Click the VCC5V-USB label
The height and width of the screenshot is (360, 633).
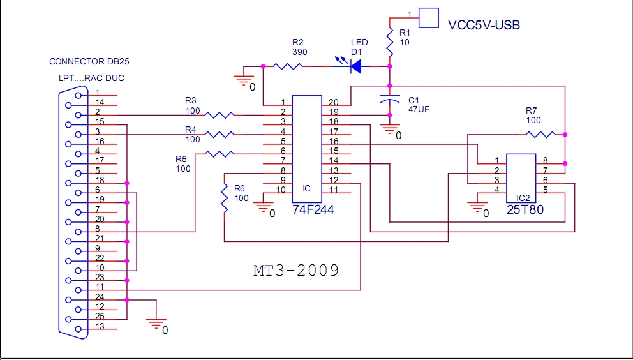point(484,25)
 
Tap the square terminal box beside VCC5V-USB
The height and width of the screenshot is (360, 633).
point(429,17)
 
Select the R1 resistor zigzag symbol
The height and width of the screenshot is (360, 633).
point(389,42)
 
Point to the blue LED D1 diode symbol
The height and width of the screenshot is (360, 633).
point(354,65)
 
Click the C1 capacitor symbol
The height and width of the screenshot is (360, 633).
point(389,100)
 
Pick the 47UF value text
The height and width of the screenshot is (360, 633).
point(419,110)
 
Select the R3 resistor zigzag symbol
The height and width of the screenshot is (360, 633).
point(221,115)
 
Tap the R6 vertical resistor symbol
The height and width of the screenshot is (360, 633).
point(225,199)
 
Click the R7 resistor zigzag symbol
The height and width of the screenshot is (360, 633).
point(540,134)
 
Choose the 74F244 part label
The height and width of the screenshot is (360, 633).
point(313,209)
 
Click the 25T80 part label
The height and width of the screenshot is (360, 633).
point(526,209)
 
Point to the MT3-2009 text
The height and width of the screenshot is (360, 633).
point(295,270)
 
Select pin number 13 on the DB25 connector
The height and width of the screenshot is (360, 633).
point(99,327)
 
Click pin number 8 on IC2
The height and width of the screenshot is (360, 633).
point(544,160)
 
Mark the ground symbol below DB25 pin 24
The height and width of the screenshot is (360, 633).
point(156,324)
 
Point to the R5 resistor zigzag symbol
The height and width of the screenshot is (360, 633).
point(221,154)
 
